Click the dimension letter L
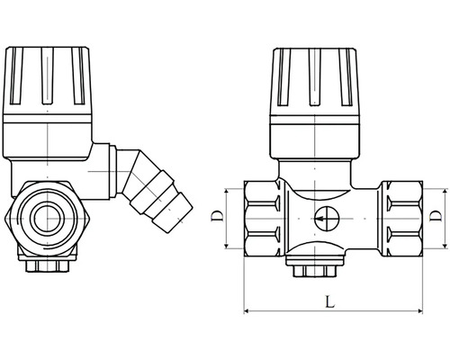coord(330,301)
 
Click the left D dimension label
coord(218,216)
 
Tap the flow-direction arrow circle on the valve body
coord(326,218)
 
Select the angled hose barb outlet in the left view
coord(154,188)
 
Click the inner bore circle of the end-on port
coord(47,219)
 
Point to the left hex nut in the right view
coord(263,219)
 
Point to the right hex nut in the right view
coord(402,219)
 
